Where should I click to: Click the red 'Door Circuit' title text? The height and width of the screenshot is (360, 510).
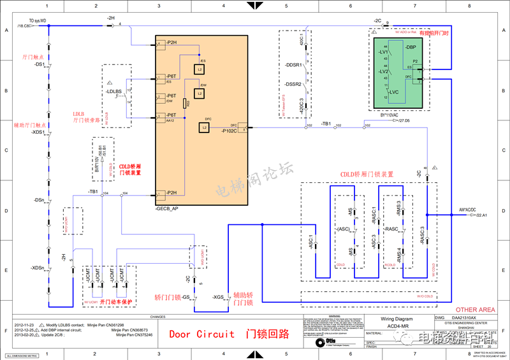click(201, 335)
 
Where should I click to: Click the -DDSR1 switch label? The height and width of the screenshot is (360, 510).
click(293, 65)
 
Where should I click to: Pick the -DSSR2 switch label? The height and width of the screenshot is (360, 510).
click(293, 84)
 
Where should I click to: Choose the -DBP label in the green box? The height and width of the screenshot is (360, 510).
click(410, 47)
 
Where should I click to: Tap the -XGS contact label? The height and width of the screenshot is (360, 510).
click(218, 298)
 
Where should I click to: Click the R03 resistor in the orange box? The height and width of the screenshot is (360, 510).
click(185, 103)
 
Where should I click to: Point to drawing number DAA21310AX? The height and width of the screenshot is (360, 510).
click(468, 317)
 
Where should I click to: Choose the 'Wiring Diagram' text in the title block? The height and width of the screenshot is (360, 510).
click(397, 318)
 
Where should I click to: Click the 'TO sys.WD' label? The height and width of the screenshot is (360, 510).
click(41, 20)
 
